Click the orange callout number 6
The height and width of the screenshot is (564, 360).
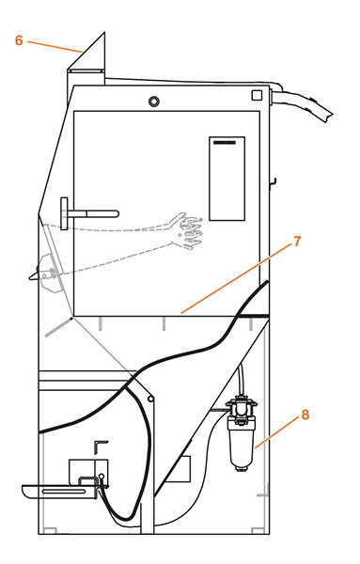[x=18, y=40]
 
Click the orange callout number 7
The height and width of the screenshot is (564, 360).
[x=296, y=242]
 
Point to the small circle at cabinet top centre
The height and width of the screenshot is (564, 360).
[x=155, y=101]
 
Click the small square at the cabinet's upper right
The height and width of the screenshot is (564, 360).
[x=258, y=97]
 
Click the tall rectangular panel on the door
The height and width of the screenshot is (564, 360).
[x=227, y=179]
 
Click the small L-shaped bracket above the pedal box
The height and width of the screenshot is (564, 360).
[x=101, y=444]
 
